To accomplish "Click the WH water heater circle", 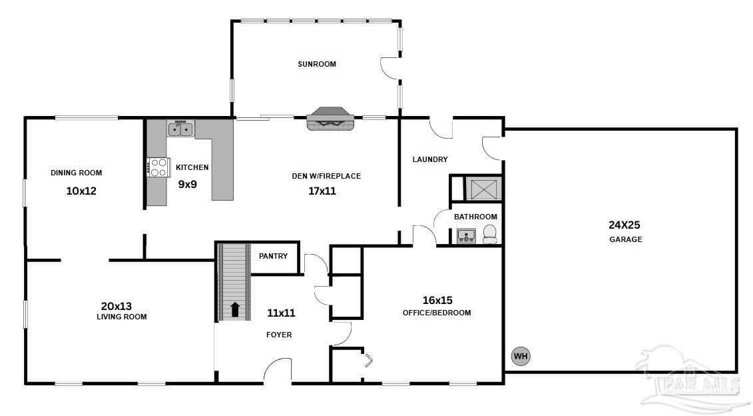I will [520, 357].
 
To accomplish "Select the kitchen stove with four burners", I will [157, 167].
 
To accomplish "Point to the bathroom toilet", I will [489, 233].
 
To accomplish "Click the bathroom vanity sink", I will [466, 235].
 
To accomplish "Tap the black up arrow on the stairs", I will [235, 309].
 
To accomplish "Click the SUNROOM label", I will [317, 65].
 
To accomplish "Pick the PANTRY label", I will [273, 256].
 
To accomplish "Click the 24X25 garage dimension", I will [624, 225].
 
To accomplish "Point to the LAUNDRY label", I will [430, 159].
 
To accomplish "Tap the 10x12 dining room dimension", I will [81, 191].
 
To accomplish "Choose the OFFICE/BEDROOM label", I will [437, 313].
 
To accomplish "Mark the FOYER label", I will [278, 335].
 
